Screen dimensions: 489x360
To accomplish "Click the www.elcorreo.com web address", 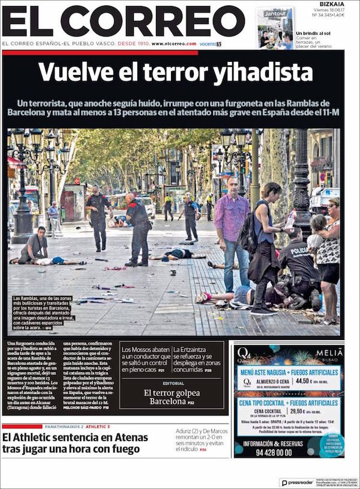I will tap(174, 44).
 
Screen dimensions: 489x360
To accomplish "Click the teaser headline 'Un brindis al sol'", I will tap(313, 34).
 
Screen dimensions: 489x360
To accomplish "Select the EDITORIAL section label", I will tap(173, 383).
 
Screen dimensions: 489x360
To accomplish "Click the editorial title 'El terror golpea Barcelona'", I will tap(173, 397).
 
